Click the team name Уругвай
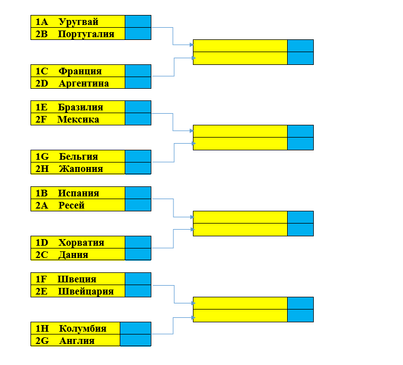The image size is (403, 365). click(78, 22)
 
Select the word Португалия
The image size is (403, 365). click(86, 34)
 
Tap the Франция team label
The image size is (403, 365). click(80, 71)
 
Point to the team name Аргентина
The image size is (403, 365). click(84, 83)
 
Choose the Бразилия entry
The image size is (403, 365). click(80, 107)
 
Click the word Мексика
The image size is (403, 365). click(78, 119)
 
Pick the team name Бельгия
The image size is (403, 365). click(78, 156)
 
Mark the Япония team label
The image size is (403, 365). click(81, 169)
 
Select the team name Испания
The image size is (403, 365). click(79, 193)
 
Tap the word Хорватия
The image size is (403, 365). click(81, 242)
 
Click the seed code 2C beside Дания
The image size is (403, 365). click(42, 255)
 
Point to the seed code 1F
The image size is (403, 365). click(42, 279)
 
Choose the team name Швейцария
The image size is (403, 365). click(85, 291)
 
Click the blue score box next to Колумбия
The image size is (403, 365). click(135, 328)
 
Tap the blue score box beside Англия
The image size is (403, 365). click(135, 340)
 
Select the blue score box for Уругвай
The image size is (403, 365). click(138, 22)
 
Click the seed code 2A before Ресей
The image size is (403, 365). click(42, 205)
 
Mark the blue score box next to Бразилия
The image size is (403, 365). click(138, 107)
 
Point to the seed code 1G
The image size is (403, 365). click(42, 156)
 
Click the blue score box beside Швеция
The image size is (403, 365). click(138, 279)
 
